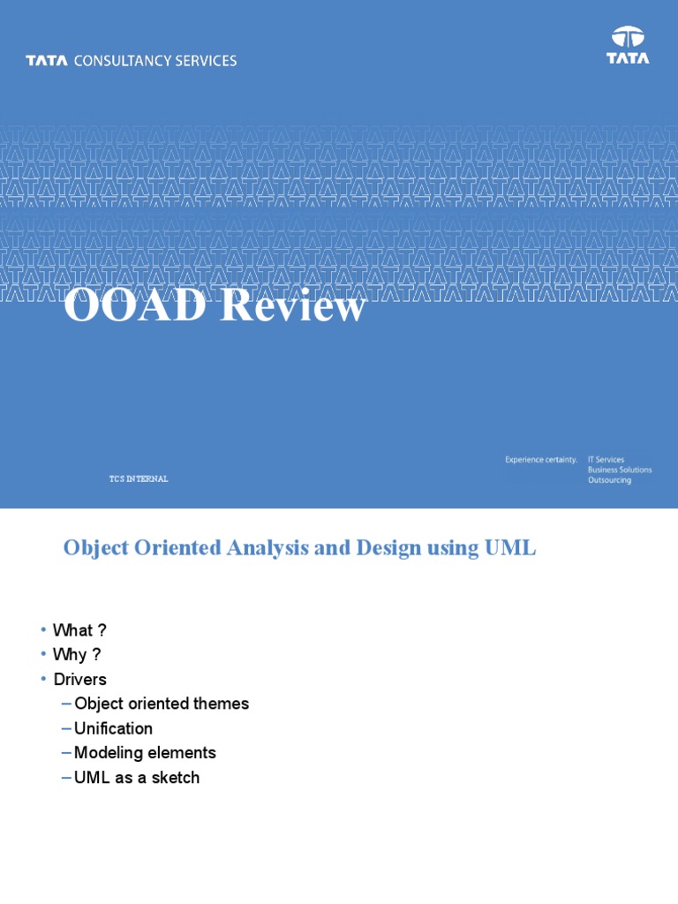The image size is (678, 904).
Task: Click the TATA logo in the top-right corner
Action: coord(628,45)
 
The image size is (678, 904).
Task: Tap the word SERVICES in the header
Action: coord(204,61)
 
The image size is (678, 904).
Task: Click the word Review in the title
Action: coord(292,306)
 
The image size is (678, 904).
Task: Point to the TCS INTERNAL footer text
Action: coord(139,478)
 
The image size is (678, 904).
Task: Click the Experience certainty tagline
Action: coord(541,459)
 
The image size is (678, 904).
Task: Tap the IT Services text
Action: coord(606,459)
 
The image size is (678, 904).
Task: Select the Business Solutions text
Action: coord(620,470)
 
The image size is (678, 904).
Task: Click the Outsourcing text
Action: coord(609,480)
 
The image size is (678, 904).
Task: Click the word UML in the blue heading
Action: coord(510,547)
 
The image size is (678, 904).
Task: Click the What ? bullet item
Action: coord(79,630)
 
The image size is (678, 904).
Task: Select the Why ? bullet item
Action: coord(77,655)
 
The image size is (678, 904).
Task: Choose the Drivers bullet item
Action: coord(79,680)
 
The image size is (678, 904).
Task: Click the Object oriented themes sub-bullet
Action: coord(162,704)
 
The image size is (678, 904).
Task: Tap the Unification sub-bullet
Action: coord(113,728)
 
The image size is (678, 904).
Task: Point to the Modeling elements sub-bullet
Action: coord(145,753)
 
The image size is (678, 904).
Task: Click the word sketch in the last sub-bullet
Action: coord(175,778)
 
